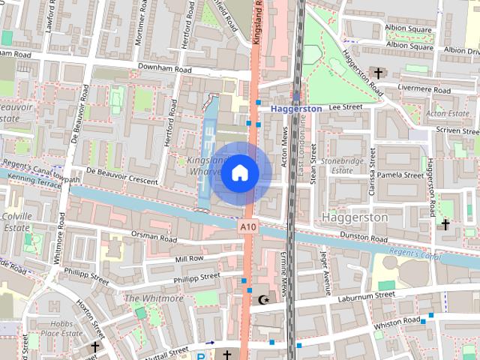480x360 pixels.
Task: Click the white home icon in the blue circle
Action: pos(240,173)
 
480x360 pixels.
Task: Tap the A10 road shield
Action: pos(249,226)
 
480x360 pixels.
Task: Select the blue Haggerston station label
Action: pos(296,109)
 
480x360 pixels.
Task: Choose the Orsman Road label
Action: pos(154,238)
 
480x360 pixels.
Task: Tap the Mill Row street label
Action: pos(189,258)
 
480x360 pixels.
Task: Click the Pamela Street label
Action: pos(400,175)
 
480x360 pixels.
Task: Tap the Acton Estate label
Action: pos(447,114)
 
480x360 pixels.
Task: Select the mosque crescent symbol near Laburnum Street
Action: pos(262,300)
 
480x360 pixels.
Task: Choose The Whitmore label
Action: pos(153,298)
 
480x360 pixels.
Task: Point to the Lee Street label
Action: pos(345,107)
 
